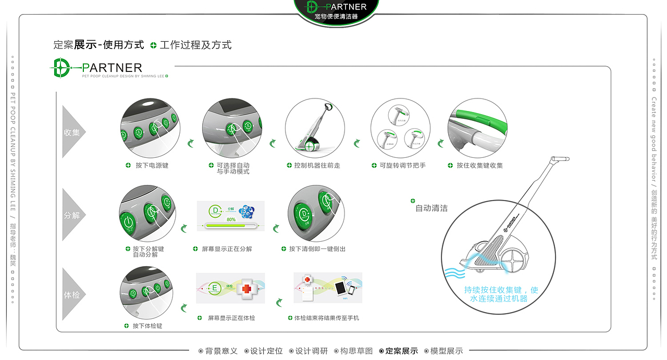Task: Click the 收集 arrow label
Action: (72, 132)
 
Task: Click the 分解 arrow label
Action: (72, 215)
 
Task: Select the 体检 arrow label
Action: (72, 295)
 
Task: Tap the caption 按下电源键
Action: (152, 166)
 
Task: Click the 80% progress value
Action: (231, 219)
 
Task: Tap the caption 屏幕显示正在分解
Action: (227, 249)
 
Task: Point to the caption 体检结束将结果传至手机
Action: (326, 318)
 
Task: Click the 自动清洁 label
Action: (431, 208)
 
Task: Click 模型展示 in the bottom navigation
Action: (447, 351)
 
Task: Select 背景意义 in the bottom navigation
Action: (221, 351)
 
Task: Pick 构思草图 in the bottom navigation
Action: (356, 351)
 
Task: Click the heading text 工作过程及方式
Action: (196, 45)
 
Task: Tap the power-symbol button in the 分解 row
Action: (128, 221)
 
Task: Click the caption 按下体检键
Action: (147, 326)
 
